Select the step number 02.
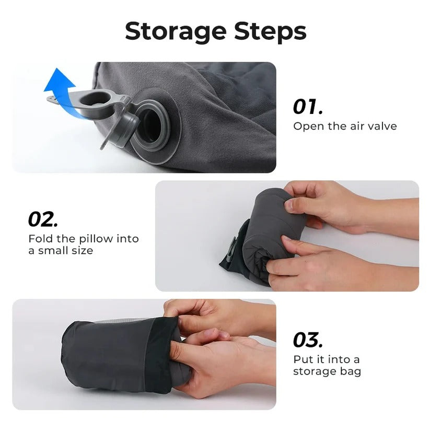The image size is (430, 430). click(x=43, y=219)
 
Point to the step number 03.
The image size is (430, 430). click(x=308, y=340)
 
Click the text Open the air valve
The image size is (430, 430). click(x=344, y=126)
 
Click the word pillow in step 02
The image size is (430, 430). click(x=96, y=239)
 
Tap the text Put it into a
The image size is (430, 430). click(x=326, y=359)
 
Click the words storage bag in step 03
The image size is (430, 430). click(x=327, y=371)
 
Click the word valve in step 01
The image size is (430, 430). click(x=382, y=126)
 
